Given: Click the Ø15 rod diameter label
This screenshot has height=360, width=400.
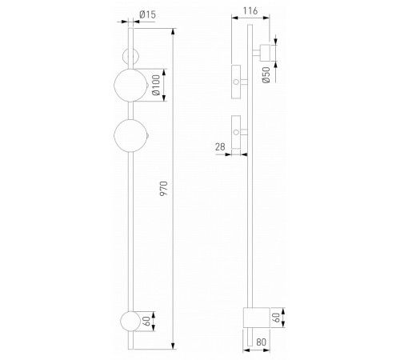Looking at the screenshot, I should pos(146,14).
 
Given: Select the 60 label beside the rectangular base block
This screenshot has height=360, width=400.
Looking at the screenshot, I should pos(277,317).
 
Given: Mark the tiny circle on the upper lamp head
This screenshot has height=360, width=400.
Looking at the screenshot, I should pos(236,82).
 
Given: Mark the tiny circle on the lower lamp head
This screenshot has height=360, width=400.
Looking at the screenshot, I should pos(236,130).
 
